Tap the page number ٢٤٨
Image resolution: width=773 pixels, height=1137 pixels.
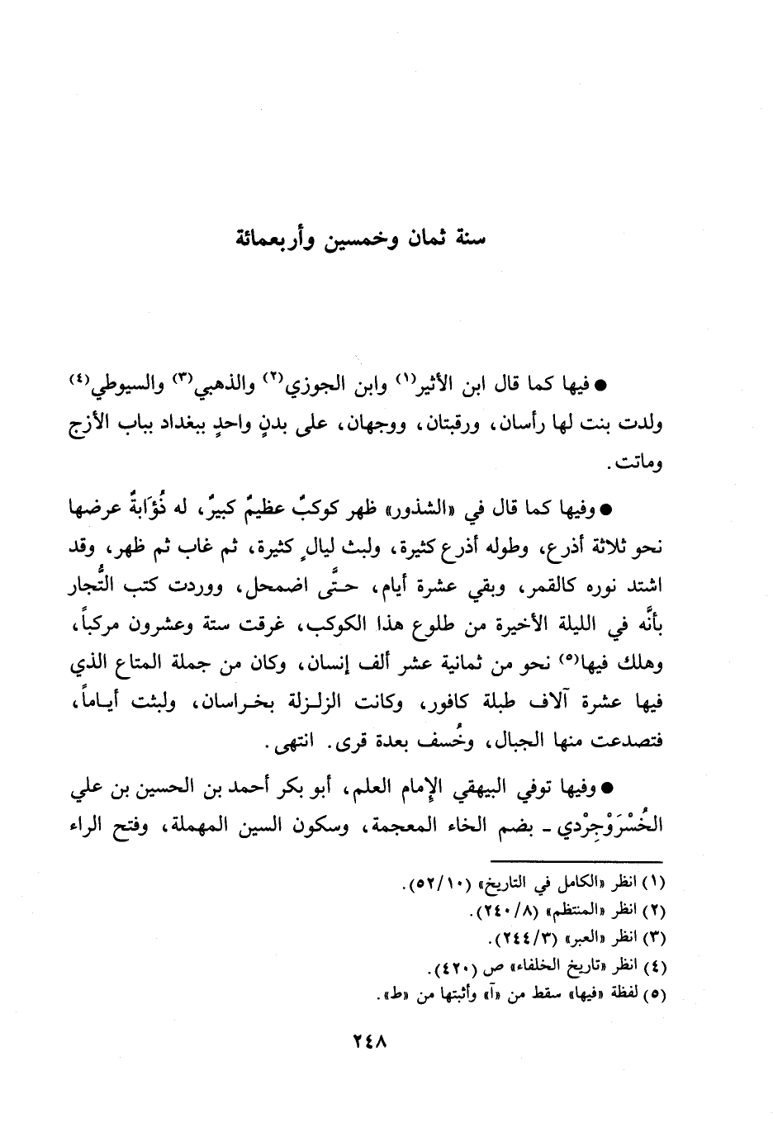369,1041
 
